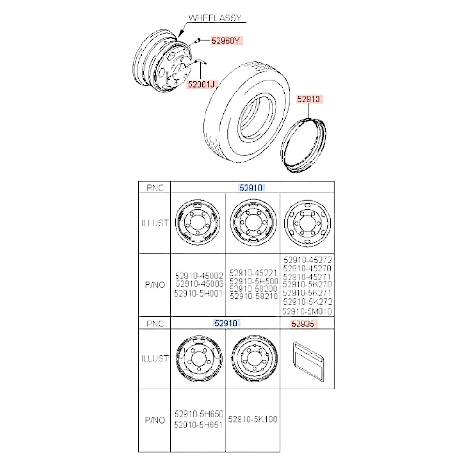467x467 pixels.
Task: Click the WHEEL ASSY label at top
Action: tap(215, 18)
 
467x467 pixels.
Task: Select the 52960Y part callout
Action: tap(226, 41)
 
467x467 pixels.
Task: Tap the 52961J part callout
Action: tap(201, 85)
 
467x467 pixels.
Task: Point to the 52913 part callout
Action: tap(309, 99)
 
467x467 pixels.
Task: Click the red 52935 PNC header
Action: tap(303, 324)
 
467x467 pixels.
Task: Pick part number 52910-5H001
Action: tap(198, 294)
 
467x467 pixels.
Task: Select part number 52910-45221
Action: tap(253, 273)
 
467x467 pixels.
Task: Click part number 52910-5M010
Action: tap(307, 311)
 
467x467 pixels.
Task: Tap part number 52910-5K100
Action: tap(253, 419)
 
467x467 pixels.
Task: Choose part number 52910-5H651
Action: tap(198, 425)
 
